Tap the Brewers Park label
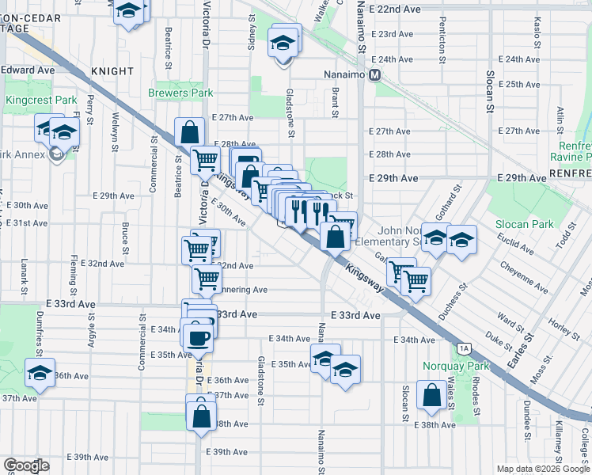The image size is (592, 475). tap(180, 93)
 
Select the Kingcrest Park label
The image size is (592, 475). tap(40, 101)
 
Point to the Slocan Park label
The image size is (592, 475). tap(523, 225)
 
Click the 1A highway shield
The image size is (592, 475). tap(464, 348)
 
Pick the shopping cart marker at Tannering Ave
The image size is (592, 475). tap(207, 278)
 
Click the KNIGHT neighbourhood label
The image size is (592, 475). tap(112, 71)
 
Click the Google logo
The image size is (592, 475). tap(26, 465)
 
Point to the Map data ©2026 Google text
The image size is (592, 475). tap(543, 469)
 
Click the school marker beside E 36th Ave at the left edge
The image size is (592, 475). tap(39, 373)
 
